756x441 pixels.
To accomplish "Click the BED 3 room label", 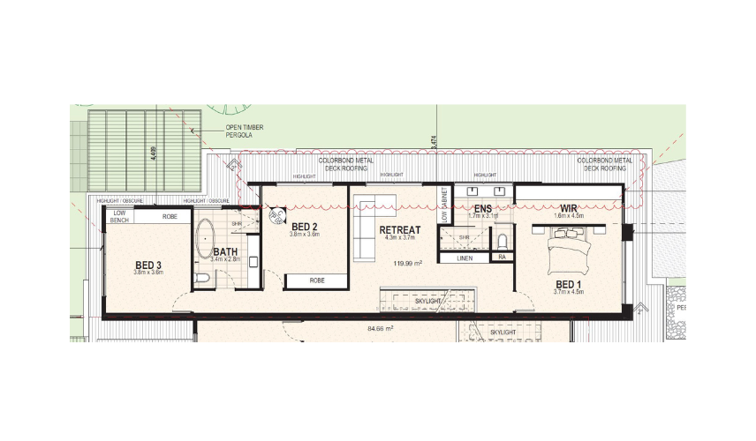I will [148, 265].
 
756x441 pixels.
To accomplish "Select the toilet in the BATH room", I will [201, 278].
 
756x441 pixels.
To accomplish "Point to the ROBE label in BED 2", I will [316, 281].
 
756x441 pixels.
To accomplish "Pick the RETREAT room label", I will [399, 230].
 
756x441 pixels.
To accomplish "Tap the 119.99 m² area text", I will [407, 263].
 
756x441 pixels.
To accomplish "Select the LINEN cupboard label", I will [465, 258].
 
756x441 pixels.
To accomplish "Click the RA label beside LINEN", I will [501, 258].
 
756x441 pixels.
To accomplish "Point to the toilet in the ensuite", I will [502, 239].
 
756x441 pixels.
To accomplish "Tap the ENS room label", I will [482, 208].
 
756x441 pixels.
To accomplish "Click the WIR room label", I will [569, 208].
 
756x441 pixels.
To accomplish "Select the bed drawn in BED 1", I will [569, 250].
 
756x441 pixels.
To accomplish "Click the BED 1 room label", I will [567, 283].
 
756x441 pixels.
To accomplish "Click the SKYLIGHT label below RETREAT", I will [429, 302].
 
